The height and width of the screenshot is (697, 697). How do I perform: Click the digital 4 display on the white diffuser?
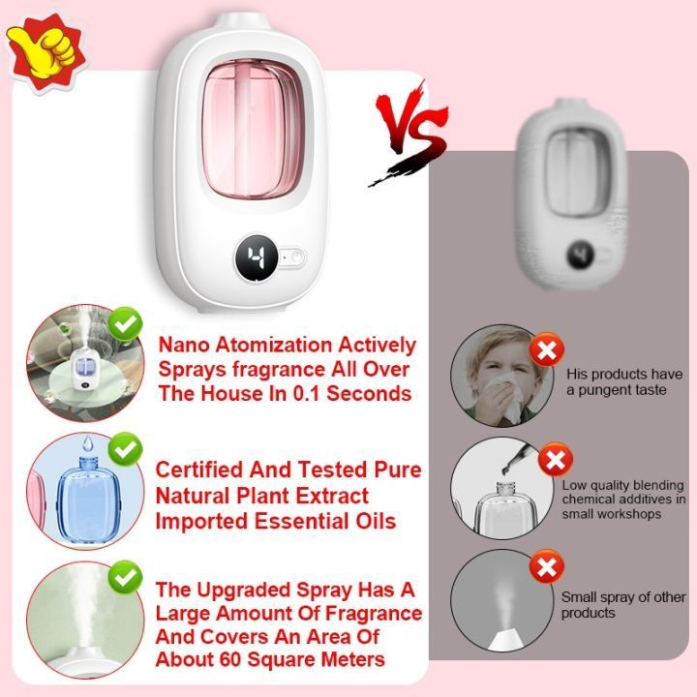click(x=257, y=258)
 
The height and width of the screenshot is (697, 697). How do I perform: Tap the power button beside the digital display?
click(x=296, y=257)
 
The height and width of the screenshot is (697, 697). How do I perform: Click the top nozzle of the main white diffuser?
click(x=241, y=21)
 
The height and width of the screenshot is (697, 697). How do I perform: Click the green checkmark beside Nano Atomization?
click(x=125, y=324)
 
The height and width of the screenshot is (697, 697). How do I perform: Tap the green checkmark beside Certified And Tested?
click(x=125, y=449)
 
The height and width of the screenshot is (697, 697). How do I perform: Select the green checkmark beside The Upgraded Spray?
click(x=125, y=577)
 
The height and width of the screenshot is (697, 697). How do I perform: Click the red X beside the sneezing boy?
click(x=547, y=350)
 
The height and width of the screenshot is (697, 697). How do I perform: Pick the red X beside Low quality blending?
click(x=556, y=459)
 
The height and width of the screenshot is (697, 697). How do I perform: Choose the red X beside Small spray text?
click(x=547, y=566)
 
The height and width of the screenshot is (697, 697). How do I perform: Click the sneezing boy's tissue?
click(x=505, y=397)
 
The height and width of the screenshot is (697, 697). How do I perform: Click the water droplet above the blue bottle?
click(x=88, y=443)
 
